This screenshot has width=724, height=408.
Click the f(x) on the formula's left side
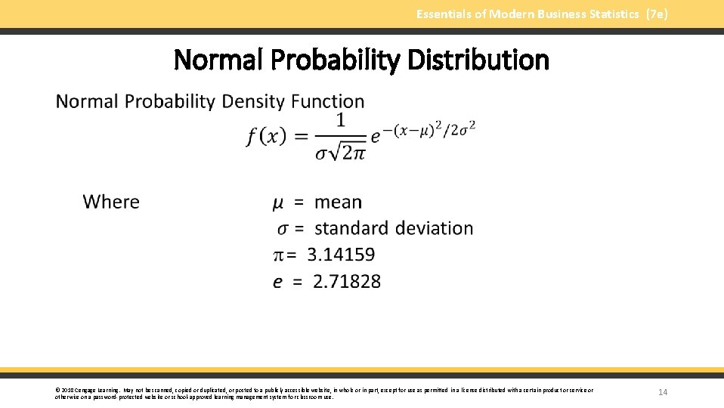[x=266, y=136]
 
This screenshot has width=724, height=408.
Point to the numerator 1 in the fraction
[x=341, y=119]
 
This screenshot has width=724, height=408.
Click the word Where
[x=111, y=202]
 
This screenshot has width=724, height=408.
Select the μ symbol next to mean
[x=278, y=202]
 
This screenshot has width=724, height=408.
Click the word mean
[x=338, y=202]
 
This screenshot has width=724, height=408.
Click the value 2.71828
[x=347, y=281]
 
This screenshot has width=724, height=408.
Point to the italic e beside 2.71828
[x=278, y=282]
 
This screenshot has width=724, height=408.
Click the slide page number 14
[x=663, y=392]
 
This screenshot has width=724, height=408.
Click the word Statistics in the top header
[x=611, y=14]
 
